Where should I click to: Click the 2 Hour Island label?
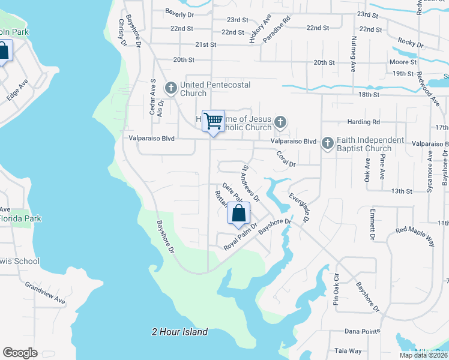(179, 332)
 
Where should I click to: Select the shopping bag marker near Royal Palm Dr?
(238, 214)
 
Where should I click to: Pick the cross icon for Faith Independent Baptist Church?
(327, 143)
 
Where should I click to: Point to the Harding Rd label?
(367, 122)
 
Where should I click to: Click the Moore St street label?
(403, 62)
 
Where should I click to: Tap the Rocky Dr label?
(411, 44)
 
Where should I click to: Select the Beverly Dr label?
(180, 14)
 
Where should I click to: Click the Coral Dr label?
(286, 159)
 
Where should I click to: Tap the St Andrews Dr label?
(250, 183)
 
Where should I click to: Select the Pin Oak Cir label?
(336, 291)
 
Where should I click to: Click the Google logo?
(20, 353)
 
